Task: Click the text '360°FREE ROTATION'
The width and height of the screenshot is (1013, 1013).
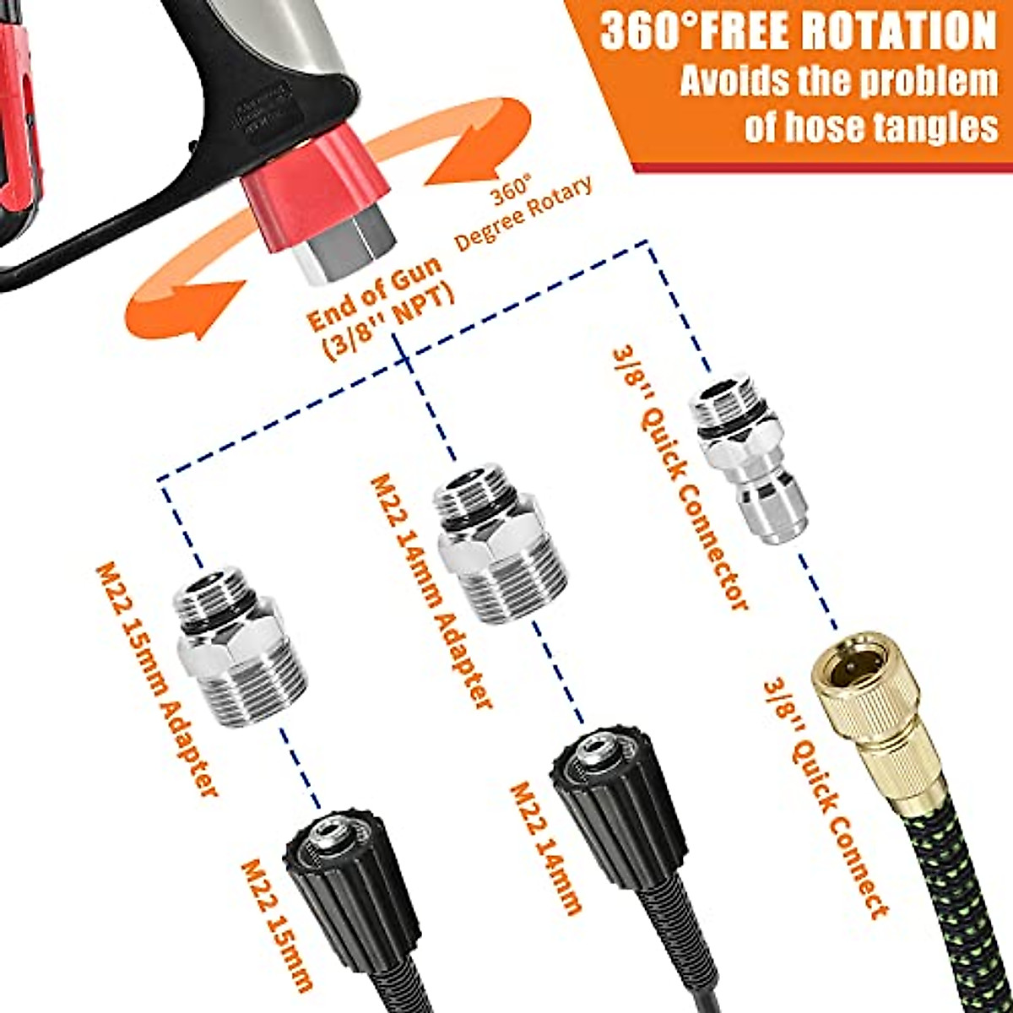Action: point(798,32)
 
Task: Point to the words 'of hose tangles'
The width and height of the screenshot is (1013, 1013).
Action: point(870,127)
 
